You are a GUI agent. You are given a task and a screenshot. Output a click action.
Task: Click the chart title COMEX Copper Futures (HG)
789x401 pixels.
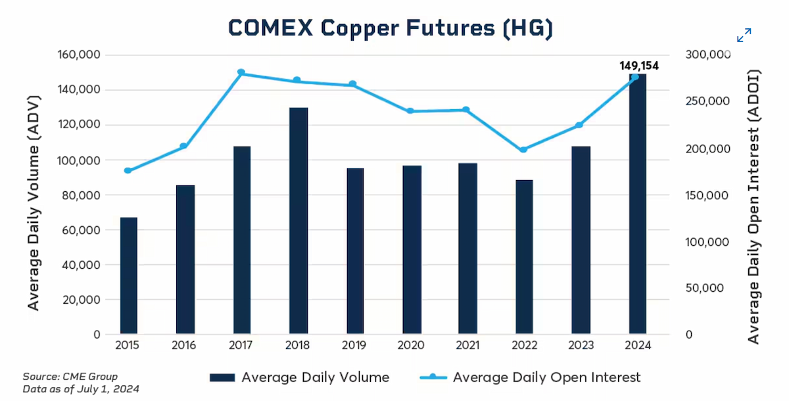391,28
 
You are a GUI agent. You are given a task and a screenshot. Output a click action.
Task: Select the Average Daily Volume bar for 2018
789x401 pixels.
299,221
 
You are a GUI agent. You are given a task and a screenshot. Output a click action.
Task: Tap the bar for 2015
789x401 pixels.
129,275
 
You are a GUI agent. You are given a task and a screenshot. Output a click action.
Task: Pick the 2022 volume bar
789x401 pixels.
524,257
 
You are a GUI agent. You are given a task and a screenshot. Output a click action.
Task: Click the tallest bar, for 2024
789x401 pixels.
638,204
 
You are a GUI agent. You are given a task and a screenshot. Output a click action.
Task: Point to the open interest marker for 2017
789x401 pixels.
241,72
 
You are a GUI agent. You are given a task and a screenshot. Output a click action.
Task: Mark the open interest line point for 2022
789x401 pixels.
523,150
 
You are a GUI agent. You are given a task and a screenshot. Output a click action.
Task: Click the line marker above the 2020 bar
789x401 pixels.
410,111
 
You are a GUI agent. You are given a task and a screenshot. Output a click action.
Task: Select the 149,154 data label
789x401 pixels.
639,66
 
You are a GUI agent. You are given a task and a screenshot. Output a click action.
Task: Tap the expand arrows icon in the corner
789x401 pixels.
744,35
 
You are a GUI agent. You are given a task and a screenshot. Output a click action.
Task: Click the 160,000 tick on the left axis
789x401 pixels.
79,55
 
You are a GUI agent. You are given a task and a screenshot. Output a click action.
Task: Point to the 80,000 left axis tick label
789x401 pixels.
81,195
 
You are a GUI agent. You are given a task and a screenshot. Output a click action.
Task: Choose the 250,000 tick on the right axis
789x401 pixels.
707,101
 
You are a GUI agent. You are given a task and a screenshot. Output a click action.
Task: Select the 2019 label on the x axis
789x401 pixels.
354,345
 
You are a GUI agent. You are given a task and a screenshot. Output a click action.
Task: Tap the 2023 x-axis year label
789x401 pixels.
581,345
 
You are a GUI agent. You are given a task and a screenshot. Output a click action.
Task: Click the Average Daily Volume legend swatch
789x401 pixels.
222,378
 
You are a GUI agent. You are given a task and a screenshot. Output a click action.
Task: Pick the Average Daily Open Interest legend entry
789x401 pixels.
530,377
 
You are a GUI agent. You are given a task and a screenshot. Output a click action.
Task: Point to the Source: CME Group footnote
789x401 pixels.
70,377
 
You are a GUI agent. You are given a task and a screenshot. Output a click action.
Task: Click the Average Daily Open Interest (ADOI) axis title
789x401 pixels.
753,206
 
